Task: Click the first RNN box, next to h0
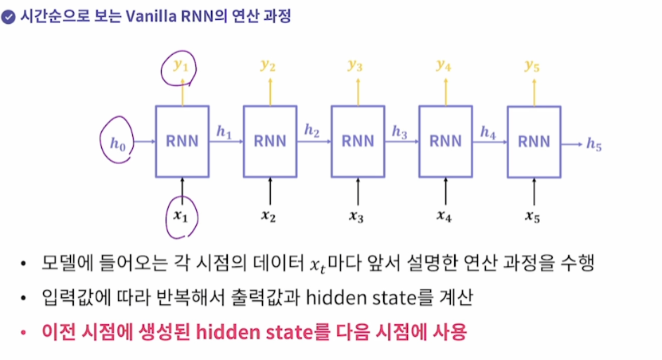pos(182,142)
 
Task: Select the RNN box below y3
pos(358,142)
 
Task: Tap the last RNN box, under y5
pos(534,142)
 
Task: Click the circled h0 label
pos(118,143)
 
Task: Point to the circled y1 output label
pos(182,66)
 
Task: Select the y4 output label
pos(444,65)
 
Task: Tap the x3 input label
pos(357,215)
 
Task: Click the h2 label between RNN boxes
pos(311,130)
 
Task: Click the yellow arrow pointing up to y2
pos(270,92)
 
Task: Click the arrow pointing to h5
pos(570,143)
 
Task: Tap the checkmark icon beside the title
pos(9,16)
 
